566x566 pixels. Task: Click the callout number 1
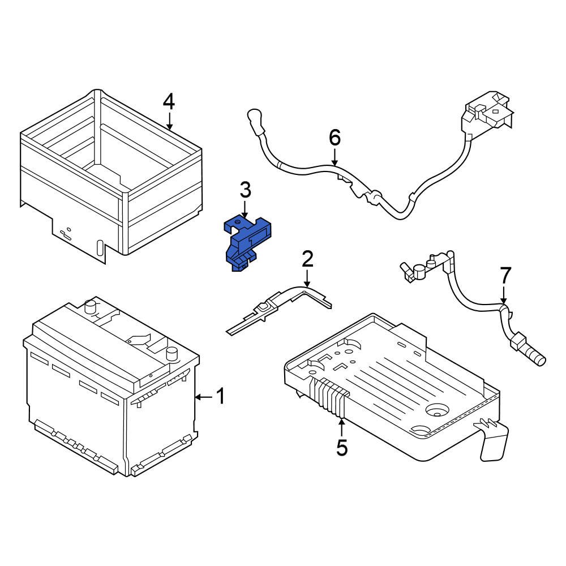[221, 397]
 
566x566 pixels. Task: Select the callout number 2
[307, 259]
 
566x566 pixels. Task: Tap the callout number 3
[245, 191]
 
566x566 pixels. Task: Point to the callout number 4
[169, 102]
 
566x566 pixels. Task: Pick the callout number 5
[342, 447]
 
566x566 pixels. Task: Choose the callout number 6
[335, 138]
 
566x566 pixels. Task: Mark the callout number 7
[505, 276]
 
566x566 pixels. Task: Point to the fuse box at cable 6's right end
[486, 116]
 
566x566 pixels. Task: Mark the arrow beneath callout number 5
[342, 425]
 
